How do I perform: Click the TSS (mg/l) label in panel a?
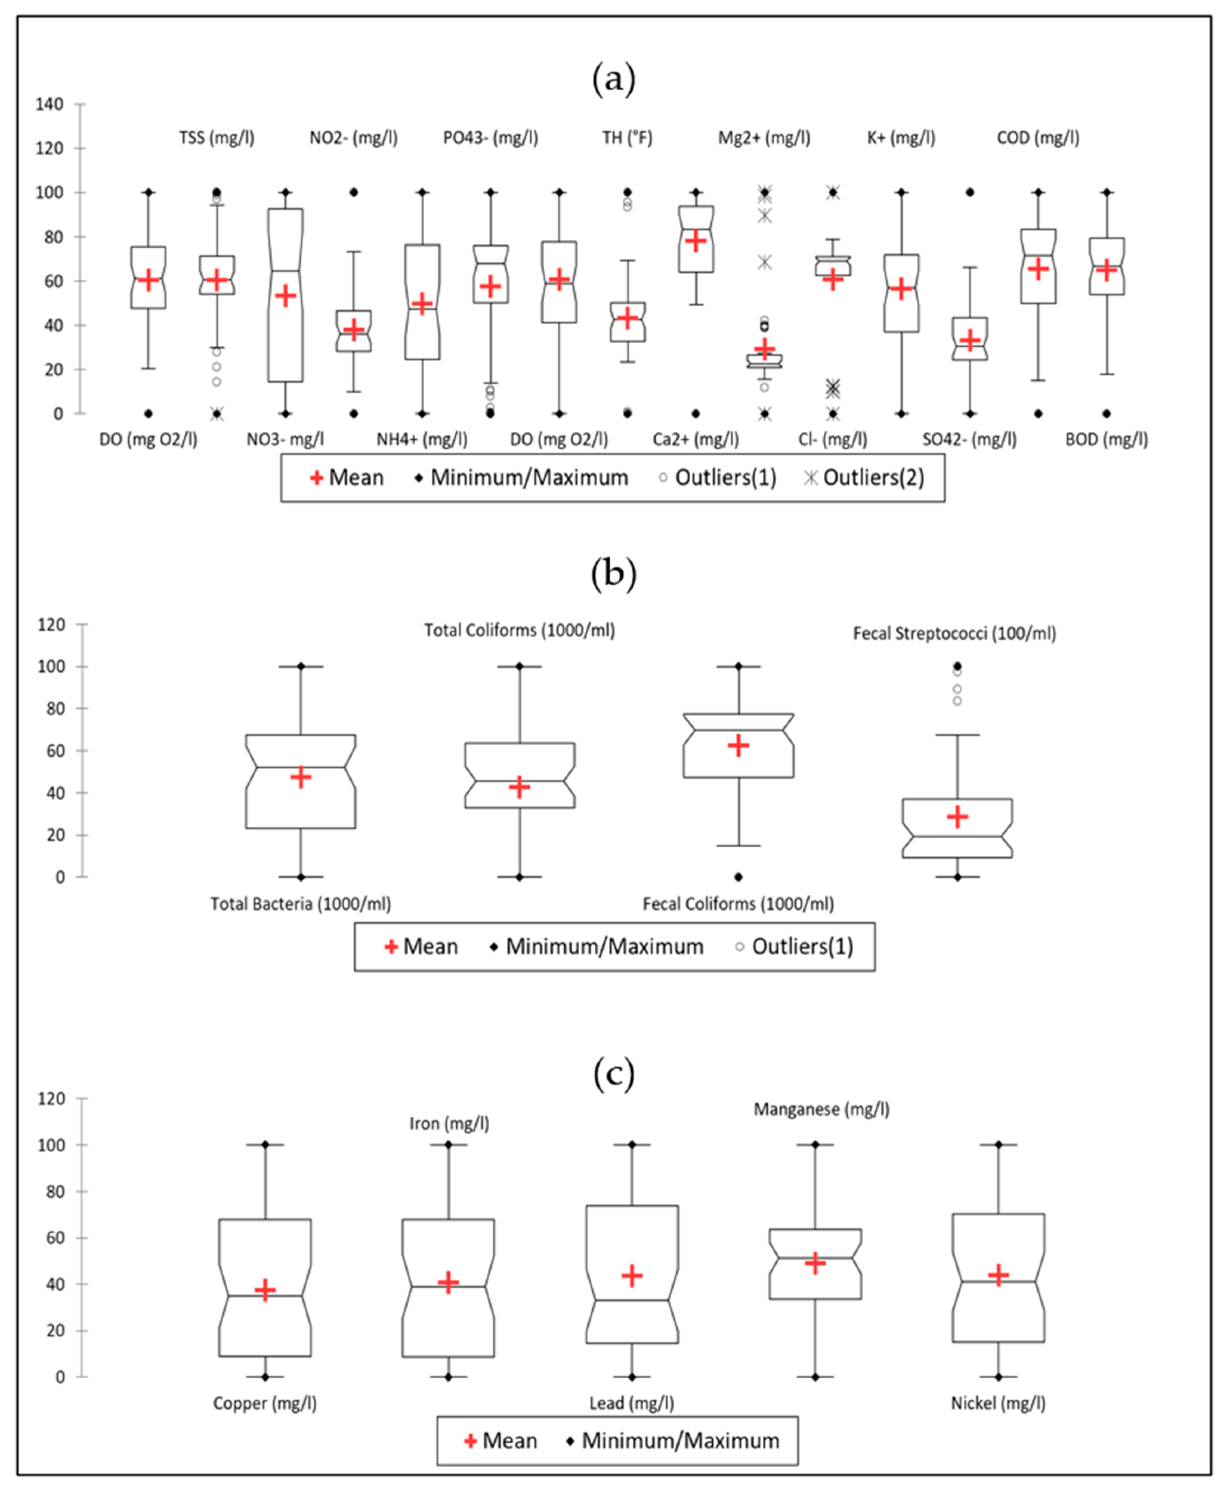[217, 137]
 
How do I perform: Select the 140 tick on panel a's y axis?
[49, 104]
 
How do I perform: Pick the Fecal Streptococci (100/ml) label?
[954, 633]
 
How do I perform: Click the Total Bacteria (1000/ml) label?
[301, 903]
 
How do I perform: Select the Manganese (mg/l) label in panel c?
[821, 1109]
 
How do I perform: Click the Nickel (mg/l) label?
[998, 1403]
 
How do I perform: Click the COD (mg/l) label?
[1038, 137]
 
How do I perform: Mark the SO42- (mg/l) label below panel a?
[969, 440]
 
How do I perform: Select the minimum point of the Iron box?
[448, 1377]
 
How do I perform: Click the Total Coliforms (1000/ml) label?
[520, 630]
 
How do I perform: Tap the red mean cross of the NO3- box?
[285, 295]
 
